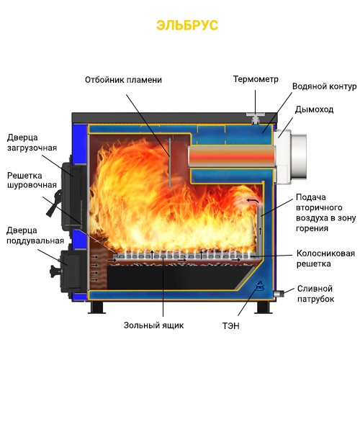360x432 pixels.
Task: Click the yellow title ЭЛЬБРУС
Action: [187, 25]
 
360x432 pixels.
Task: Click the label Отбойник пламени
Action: [123, 80]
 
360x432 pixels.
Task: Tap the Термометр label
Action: [256, 79]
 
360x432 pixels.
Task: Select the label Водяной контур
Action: [324, 86]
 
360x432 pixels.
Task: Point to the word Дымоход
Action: [314, 109]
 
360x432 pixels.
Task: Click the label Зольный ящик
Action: [153, 325]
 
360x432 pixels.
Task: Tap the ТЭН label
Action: [231, 326]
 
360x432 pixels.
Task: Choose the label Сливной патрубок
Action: [315, 294]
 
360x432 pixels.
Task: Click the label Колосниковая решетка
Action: [325, 258]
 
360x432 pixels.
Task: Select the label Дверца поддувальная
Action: [35, 235]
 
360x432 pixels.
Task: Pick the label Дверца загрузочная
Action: [32, 143]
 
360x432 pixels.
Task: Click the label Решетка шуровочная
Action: [32, 180]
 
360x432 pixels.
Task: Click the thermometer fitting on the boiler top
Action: [255, 117]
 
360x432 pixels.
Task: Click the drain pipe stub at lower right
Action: [279, 294]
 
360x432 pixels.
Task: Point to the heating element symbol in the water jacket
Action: [259, 286]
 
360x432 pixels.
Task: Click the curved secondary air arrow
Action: [253, 201]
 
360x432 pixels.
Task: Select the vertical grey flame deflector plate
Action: [170, 162]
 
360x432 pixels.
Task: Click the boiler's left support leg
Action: [96, 307]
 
